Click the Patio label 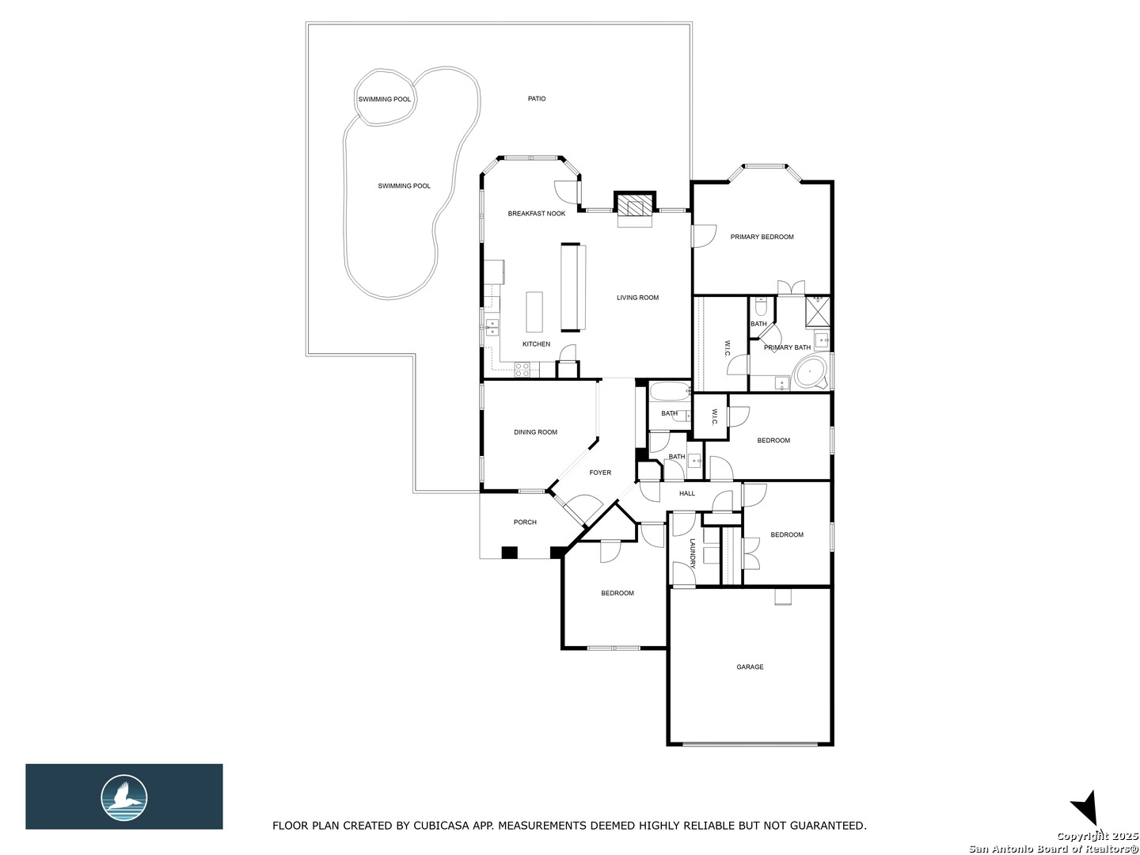click(537, 99)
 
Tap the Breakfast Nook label click(537, 214)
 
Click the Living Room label click(637, 298)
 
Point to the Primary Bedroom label click(762, 237)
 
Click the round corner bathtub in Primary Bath click(810, 371)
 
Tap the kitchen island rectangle click(534, 311)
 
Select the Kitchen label click(536, 344)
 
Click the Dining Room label click(535, 432)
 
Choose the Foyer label click(600, 473)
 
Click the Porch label click(525, 522)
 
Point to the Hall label click(687, 493)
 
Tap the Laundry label click(692, 553)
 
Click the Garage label click(750, 667)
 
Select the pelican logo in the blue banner click(123, 797)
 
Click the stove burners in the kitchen click(522, 369)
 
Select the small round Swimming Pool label click(384, 99)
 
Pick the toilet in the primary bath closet click(760, 306)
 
